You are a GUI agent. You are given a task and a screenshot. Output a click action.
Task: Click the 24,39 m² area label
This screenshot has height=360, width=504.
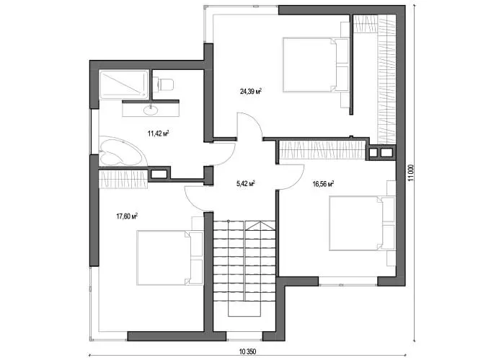point(250,92)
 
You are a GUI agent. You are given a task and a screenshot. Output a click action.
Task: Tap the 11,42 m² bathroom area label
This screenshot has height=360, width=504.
point(158,133)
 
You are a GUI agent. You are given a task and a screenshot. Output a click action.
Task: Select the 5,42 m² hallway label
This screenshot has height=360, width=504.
point(246,184)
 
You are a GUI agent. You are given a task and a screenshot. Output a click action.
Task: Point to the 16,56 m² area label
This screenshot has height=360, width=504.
point(323,184)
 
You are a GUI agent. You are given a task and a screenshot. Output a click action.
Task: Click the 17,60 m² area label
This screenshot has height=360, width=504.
point(127,216)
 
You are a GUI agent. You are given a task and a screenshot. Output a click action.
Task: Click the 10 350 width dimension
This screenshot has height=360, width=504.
point(247,351)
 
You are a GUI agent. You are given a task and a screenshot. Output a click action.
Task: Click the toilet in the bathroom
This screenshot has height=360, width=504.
point(163,84)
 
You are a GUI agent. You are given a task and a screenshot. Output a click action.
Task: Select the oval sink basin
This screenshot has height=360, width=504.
point(151,110)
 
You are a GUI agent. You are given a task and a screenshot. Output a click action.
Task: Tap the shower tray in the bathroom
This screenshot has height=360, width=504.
point(124,84)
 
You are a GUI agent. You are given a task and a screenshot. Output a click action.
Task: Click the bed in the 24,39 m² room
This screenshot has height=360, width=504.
point(316,65)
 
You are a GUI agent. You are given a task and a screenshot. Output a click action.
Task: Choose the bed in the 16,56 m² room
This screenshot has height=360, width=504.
point(362,223)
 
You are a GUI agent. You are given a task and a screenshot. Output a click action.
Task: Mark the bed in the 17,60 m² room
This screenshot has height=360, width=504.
point(169,258)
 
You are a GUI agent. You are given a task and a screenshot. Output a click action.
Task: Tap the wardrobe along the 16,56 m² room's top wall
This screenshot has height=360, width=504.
point(322,150)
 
